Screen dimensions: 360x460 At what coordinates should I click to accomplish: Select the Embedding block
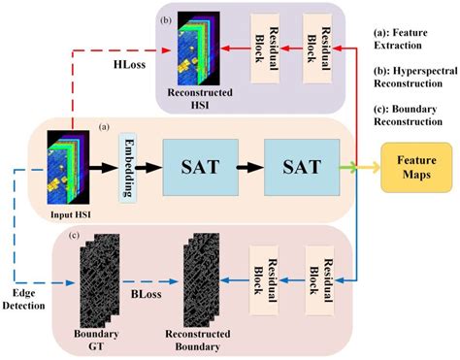point(126,168)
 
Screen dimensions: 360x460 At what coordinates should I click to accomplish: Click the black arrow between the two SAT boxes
point(248,166)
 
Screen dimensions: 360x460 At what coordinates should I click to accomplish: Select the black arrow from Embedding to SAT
point(149,166)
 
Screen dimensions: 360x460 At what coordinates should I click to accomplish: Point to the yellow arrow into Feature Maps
point(369,167)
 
